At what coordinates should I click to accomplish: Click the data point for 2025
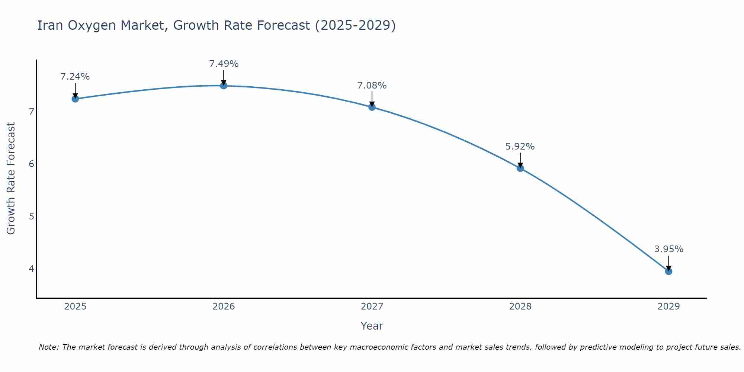pyautogui.click(x=75, y=99)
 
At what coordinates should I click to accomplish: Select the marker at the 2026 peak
pyautogui.click(x=224, y=86)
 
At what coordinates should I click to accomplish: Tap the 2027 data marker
pyautogui.click(x=372, y=107)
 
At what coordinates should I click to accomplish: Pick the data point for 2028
pyautogui.click(x=520, y=168)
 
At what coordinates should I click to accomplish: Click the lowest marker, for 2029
pyautogui.click(x=668, y=271)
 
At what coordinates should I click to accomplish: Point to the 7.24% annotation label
pyautogui.click(x=75, y=77)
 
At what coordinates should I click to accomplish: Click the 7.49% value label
pyautogui.click(x=224, y=64)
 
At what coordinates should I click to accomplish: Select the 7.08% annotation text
pyautogui.click(x=372, y=86)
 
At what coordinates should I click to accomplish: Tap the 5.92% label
pyautogui.click(x=520, y=147)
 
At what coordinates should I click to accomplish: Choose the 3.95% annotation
pyautogui.click(x=668, y=249)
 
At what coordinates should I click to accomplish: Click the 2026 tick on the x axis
pyautogui.click(x=224, y=307)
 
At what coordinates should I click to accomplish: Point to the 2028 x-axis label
pyautogui.click(x=520, y=307)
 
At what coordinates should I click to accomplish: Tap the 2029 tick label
pyautogui.click(x=668, y=307)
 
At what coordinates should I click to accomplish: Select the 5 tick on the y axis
pyautogui.click(x=32, y=216)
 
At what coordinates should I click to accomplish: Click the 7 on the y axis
pyautogui.click(x=32, y=111)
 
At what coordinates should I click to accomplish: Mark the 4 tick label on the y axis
pyautogui.click(x=32, y=269)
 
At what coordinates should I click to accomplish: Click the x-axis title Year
pyautogui.click(x=372, y=326)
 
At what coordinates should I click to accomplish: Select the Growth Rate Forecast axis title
pyautogui.click(x=11, y=179)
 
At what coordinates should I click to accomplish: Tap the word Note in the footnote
pyautogui.click(x=48, y=347)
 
